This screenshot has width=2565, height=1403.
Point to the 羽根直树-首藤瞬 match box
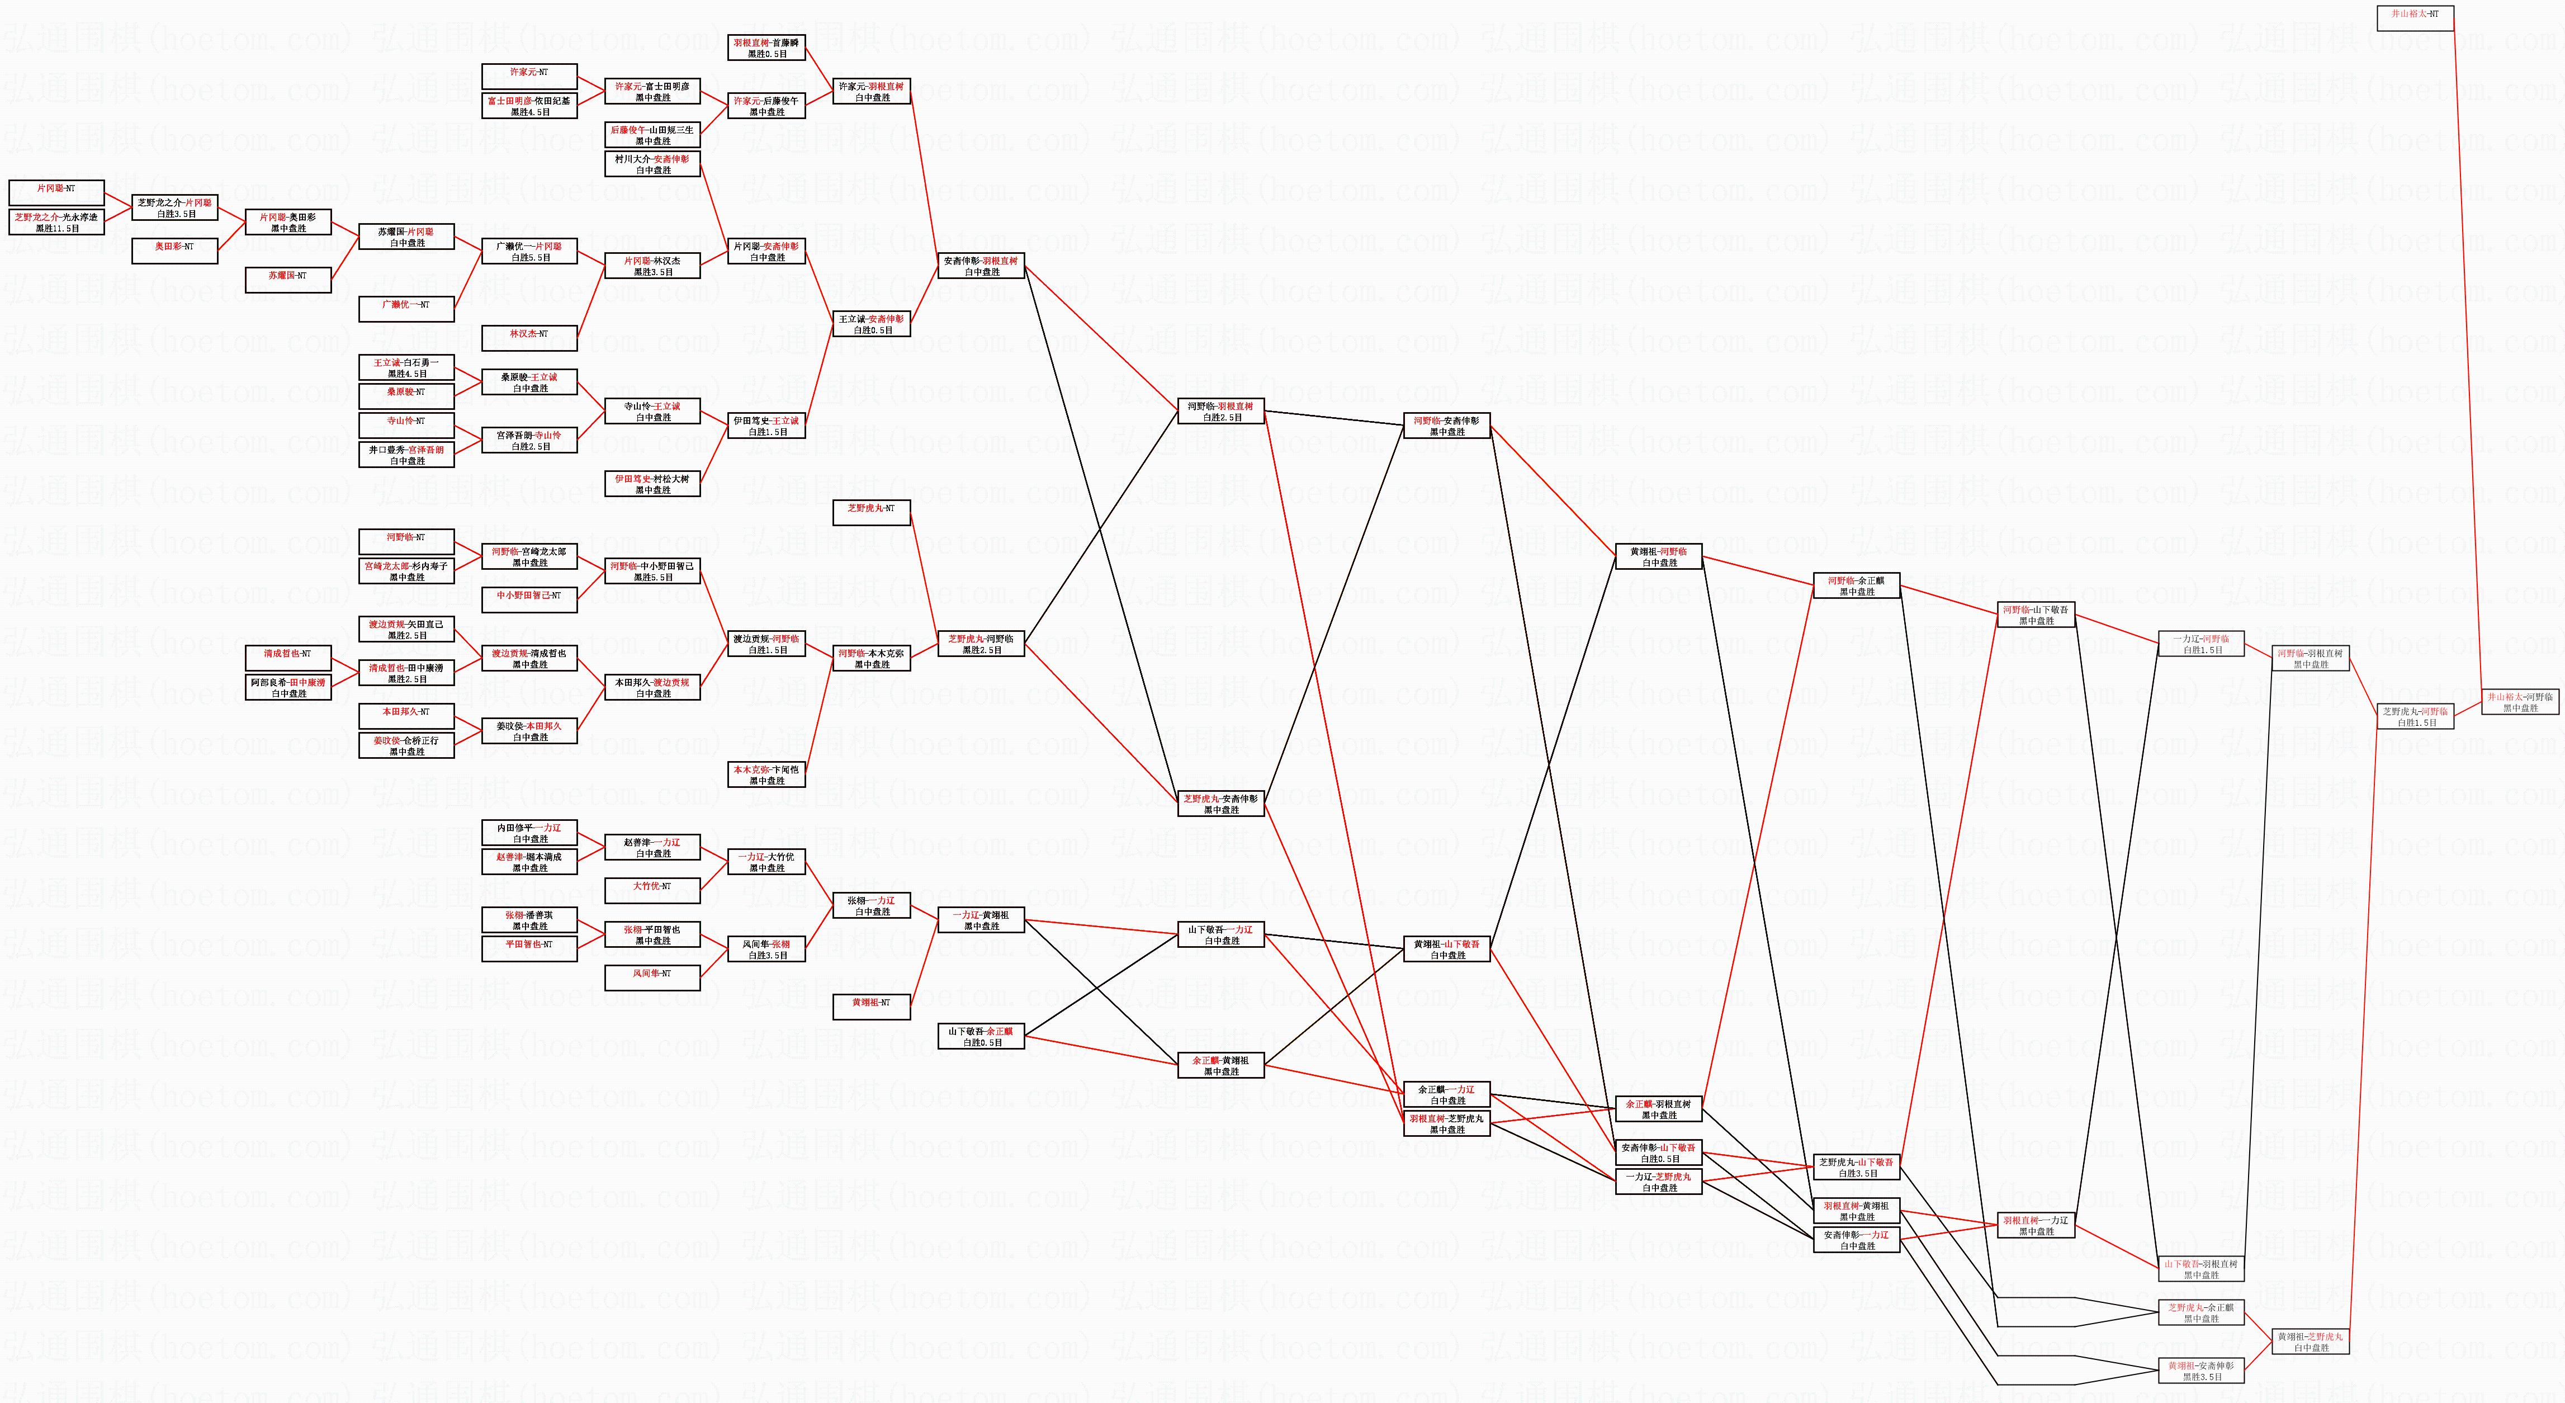point(766,48)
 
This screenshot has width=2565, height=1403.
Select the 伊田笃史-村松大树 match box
point(652,484)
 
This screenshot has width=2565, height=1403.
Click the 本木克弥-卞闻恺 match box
point(766,774)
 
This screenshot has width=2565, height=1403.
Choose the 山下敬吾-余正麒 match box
point(981,1037)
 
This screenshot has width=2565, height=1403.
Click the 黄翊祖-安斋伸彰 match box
point(2202,1371)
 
